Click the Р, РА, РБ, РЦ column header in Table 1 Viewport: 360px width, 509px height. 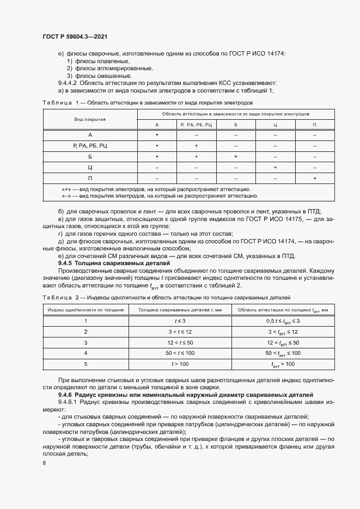tap(196, 125)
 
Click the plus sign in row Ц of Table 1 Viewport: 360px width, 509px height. tap(275, 167)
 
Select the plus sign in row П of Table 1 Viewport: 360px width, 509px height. tap(314, 179)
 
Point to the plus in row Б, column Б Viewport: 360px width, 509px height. tap(236, 156)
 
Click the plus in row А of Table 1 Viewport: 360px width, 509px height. tap(157, 134)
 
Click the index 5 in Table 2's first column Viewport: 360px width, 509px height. tap(86, 364)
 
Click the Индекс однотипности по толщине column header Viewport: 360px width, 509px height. tap(86, 310)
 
